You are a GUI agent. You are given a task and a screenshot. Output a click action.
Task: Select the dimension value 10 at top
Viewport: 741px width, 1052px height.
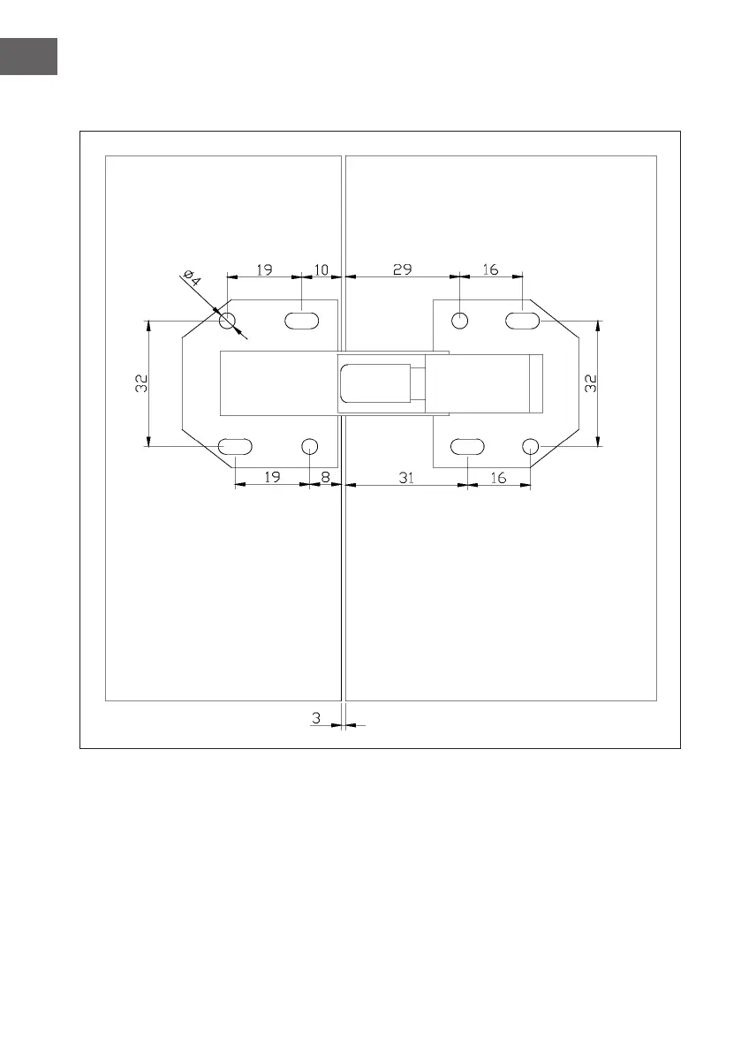coord(321,269)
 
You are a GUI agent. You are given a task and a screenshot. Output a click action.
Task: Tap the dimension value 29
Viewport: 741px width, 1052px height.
coord(402,269)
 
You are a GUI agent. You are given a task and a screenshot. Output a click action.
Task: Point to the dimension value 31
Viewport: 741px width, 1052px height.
coord(405,478)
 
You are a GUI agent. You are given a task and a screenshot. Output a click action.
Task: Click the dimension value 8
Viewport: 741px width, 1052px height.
coord(325,478)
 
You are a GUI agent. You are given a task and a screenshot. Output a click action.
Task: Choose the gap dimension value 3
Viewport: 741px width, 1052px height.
coord(317,719)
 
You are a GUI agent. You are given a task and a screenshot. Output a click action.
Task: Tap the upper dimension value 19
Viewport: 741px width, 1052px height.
coord(264,269)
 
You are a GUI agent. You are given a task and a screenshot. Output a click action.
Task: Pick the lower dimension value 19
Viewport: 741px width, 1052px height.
coord(271,478)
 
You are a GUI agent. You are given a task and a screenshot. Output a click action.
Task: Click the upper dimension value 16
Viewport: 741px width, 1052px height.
coord(491,269)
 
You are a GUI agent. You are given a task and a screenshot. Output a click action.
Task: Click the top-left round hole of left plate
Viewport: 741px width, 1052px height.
coord(228,320)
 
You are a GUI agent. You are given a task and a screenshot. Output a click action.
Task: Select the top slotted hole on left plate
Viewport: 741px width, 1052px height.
coord(302,320)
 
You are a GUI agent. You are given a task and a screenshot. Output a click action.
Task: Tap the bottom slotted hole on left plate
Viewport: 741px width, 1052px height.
coord(235,446)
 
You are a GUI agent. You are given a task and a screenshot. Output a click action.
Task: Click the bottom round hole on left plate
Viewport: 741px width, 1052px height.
coord(309,446)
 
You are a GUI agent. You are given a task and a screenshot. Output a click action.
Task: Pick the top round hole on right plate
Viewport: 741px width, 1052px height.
coord(460,320)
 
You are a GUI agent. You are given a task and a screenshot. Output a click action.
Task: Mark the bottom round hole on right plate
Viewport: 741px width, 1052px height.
coord(530,446)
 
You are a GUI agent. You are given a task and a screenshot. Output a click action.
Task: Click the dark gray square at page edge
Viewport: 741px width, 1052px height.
coord(28,56)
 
